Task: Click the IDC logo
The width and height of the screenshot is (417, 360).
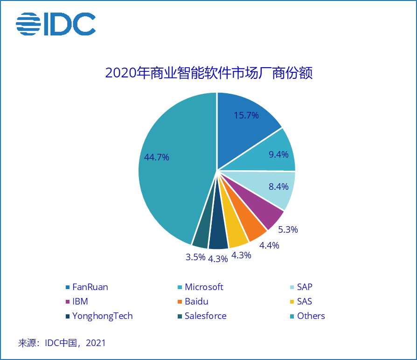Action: tap(56, 23)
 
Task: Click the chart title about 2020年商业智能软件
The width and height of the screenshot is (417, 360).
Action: tap(208, 73)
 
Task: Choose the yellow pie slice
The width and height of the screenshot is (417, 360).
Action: tap(236, 236)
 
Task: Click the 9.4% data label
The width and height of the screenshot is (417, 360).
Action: tap(278, 154)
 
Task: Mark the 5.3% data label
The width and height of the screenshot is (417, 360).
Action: tap(287, 229)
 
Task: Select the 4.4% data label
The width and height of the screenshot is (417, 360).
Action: tap(269, 245)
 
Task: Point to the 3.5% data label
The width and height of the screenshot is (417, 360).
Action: tap(195, 256)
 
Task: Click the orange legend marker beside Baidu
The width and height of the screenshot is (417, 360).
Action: tap(180, 302)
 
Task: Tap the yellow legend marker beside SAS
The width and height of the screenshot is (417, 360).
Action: tap(292, 302)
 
